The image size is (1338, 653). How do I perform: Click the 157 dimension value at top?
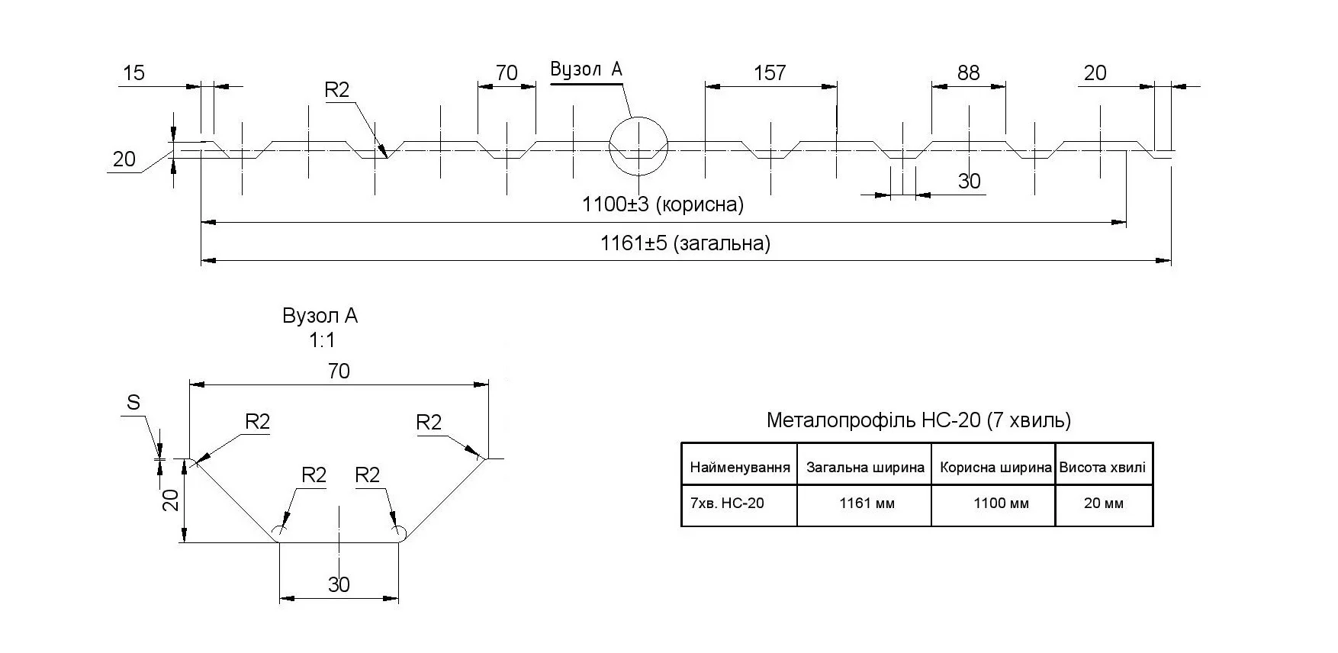770,73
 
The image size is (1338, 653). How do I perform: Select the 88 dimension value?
968,73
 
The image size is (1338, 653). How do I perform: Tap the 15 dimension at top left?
133,73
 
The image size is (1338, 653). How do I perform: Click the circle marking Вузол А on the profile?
638,146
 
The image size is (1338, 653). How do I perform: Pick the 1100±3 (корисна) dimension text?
662,204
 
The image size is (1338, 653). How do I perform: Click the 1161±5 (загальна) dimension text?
685,243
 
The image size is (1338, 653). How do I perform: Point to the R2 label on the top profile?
336,90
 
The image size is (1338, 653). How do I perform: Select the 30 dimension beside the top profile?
969,182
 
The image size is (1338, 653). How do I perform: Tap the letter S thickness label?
133,403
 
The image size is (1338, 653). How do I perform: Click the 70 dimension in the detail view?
339,372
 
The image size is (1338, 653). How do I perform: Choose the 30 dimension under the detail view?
339,584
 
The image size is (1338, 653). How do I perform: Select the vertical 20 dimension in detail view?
172,500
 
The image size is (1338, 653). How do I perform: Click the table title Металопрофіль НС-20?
918,420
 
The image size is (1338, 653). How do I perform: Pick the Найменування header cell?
739,468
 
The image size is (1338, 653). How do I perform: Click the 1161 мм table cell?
867,503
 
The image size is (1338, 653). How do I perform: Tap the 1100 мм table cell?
1001,503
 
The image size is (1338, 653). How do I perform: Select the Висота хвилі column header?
1102,468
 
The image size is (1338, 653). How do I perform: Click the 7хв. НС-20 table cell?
727,503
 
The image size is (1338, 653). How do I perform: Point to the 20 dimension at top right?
1095,73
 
